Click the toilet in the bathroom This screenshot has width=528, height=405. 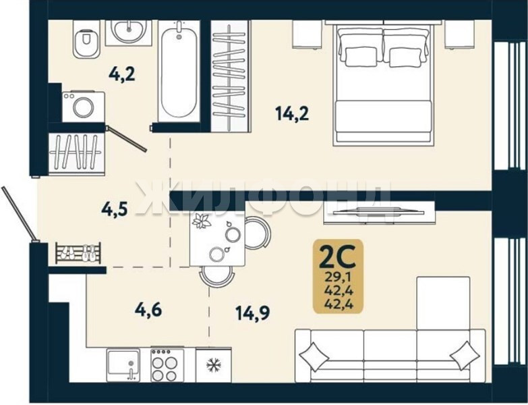pos(86,39)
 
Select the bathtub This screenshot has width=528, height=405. pos(179,71)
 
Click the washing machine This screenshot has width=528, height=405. pos(83,107)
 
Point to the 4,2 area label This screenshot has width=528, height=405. pos(122,74)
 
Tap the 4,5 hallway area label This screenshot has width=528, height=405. pos(115,209)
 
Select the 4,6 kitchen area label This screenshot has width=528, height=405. pos(148,310)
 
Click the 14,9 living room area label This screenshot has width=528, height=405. pos(253,313)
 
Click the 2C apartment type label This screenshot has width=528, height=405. pos(337,256)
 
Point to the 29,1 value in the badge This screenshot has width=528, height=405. pos(338,277)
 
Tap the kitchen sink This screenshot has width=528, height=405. pos(123,365)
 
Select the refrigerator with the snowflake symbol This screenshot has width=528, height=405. pos(214,365)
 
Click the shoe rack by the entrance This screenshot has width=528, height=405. pos(78,252)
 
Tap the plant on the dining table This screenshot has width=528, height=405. pos(201,221)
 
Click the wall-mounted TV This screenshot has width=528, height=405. pos(378,212)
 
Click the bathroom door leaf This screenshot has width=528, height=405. pos(125,138)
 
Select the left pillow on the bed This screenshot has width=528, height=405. pos(361,57)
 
